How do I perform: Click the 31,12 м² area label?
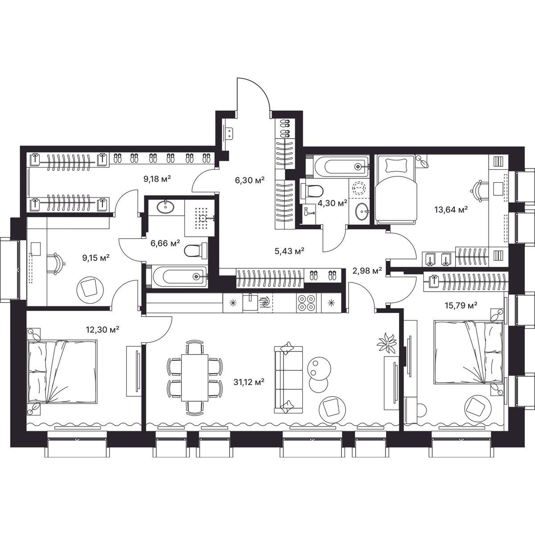point(249,382)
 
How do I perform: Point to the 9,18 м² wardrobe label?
point(157,178)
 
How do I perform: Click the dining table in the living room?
point(195,377)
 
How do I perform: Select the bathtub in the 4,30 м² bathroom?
point(342,166)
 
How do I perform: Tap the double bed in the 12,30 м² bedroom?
point(62,372)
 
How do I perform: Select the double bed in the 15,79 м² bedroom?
point(469,353)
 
